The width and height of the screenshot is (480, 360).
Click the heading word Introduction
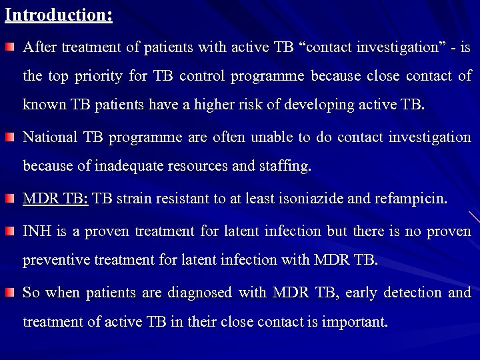[x=58, y=15]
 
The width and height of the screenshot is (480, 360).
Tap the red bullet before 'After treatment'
[x=11, y=47]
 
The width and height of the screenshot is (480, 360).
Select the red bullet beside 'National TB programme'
[x=11, y=137]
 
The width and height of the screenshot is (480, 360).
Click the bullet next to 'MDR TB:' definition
[x=11, y=198]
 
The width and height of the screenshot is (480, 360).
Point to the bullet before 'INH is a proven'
[x=11, y=231]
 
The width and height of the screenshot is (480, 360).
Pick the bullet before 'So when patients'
[x=11, y=293]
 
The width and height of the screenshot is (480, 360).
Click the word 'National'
[x=49, y=137]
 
